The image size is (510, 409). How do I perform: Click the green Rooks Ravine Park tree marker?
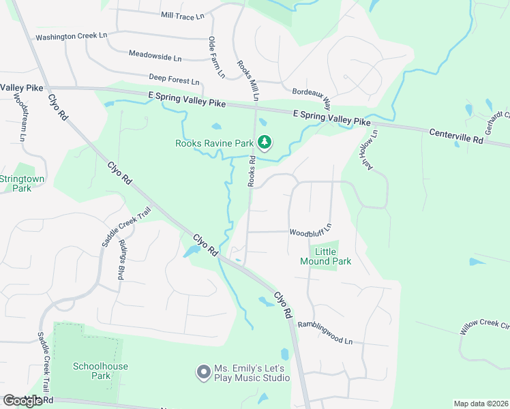[265, 142]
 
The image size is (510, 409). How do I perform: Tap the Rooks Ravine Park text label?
[215, 143]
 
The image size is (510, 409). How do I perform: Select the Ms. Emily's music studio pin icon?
[203, 372]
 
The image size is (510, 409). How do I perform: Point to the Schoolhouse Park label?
[101, 371]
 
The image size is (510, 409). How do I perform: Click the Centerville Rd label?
[456, 136]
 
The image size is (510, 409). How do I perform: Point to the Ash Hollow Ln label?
[366, 149]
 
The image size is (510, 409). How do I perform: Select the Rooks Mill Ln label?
[247, 80]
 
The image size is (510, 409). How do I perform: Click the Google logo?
[22, 401]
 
